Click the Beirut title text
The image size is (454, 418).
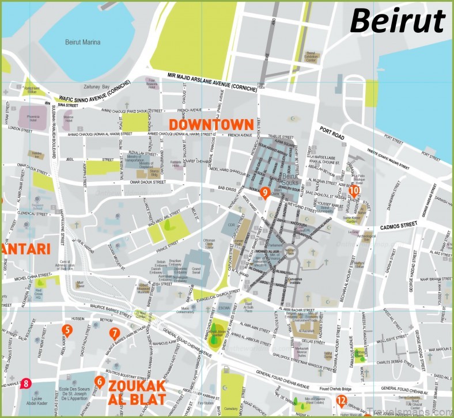coord(398,21)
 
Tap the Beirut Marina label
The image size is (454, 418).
coord(82,43)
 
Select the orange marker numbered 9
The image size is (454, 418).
coord(265,193)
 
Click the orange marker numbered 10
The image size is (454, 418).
coord(354,191)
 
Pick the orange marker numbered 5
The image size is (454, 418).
coord(67,330)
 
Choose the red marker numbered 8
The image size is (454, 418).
coord(25,382)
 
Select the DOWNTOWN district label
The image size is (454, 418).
coord(211,124)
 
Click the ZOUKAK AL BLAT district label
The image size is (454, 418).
coord(137,392)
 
